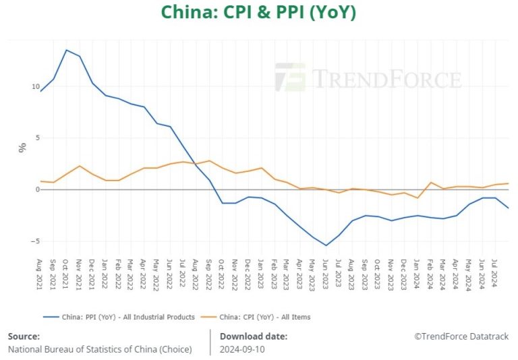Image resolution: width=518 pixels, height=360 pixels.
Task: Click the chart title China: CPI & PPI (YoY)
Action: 258,13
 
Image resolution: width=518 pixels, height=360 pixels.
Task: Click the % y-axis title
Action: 22,148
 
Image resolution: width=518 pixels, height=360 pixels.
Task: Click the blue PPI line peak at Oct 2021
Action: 66,50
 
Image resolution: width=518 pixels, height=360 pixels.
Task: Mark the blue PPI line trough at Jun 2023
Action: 326,245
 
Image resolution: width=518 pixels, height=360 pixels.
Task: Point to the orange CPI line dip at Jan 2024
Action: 418,198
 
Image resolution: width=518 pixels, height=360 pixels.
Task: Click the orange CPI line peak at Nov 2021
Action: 80,166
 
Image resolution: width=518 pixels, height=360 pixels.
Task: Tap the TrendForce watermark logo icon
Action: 289,78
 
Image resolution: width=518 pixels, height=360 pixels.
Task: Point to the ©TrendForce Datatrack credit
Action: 461,336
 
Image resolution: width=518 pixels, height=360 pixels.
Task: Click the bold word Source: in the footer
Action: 24,336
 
